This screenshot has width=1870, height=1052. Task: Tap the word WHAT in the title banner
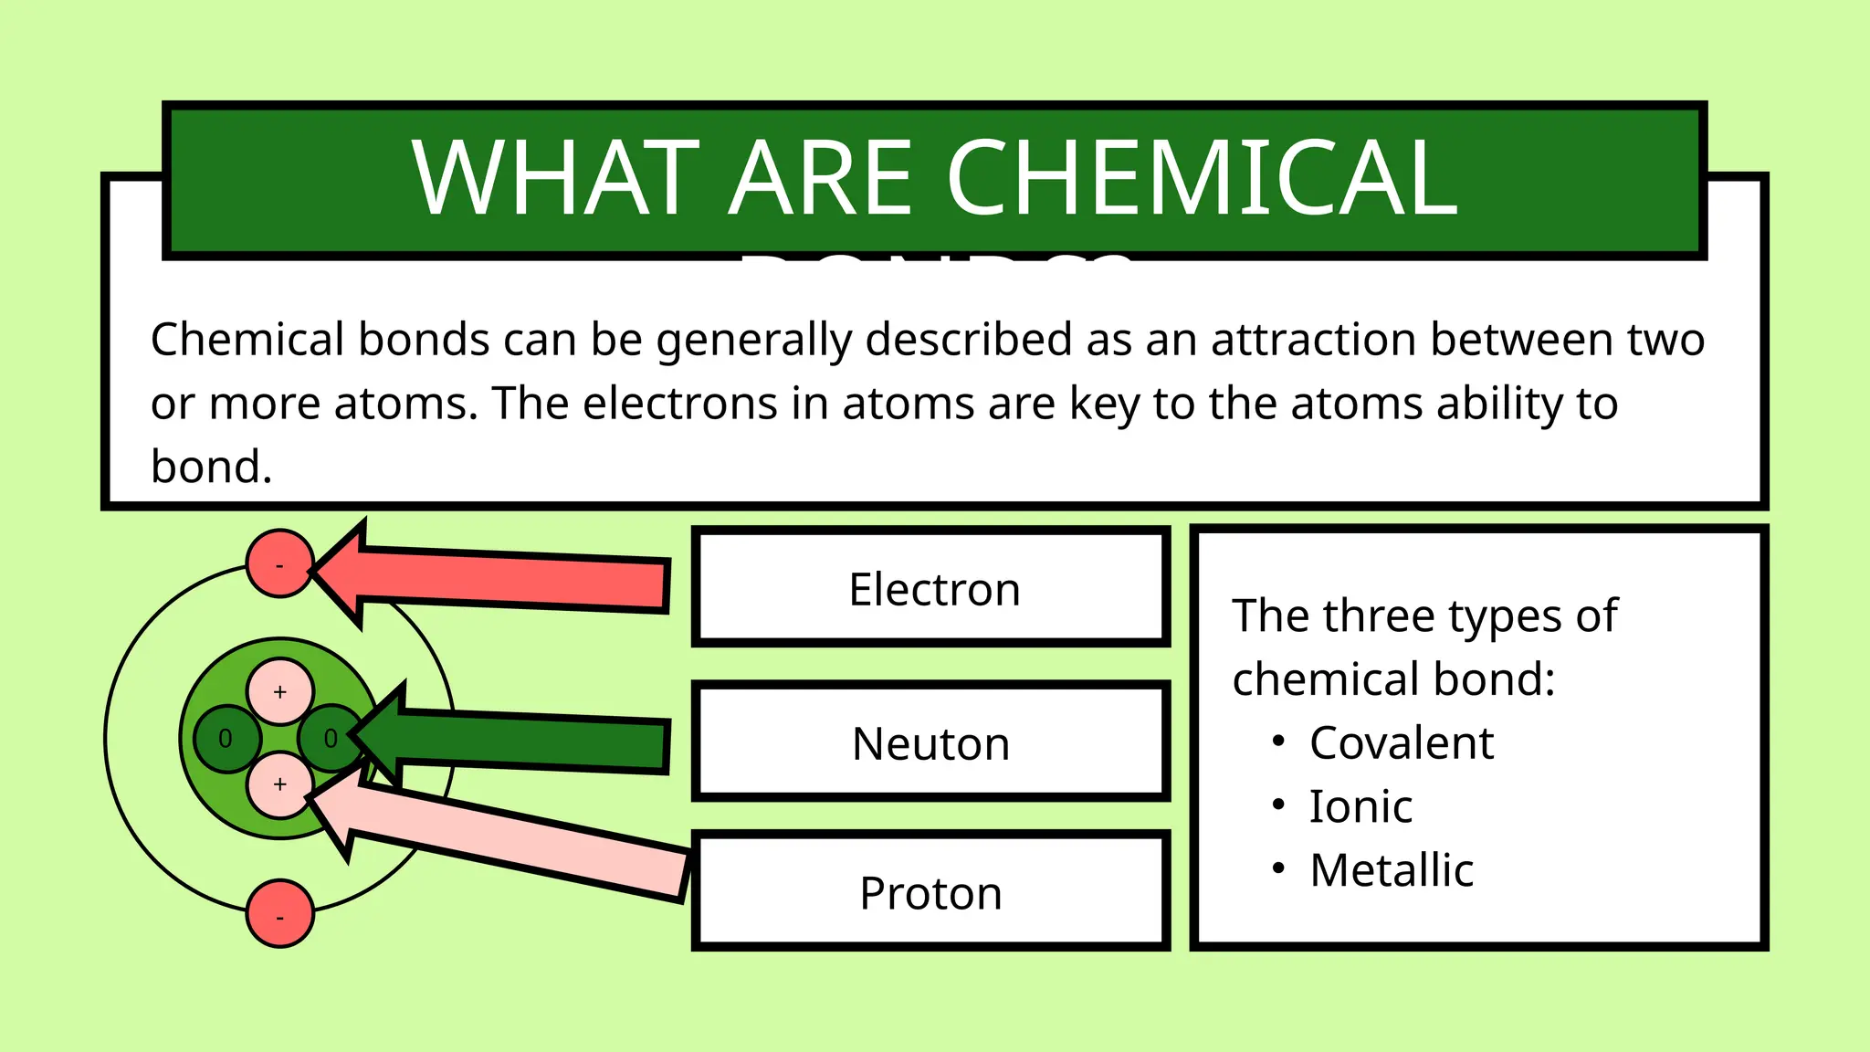click(555, 179)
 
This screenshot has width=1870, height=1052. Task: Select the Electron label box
click(931, 589)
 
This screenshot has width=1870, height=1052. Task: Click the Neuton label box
click(931, 743)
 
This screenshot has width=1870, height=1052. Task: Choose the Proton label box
click(931, 893)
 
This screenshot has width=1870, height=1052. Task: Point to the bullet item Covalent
click(1401, 742)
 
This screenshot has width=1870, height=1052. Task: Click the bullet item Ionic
click(1360, 806)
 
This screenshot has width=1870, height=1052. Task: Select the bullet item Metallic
click(1391, 870)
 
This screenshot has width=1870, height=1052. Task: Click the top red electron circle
click(280, 563)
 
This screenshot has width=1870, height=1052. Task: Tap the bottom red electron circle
click(280, 913)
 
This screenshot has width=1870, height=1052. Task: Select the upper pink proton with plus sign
click(280, 691)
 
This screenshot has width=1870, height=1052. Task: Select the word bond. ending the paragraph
click(212, 468)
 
